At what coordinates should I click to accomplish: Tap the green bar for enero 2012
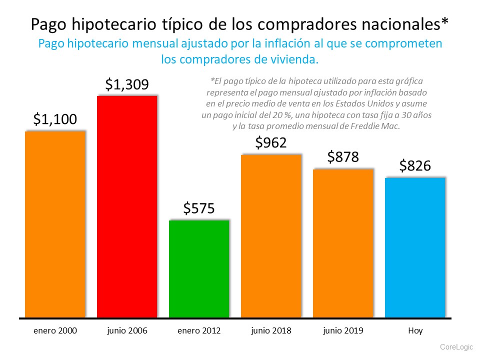pyautogui.click(x=199, y=268)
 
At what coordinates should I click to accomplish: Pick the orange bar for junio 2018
pyautogui.click(x=271, y=235)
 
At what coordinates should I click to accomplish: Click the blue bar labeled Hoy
pyautogui.click(x=415, y=247)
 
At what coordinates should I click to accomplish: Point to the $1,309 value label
pyautogui.click(x=127, y=84)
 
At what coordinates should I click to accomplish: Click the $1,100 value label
pyautogui.click(x=55, y=119)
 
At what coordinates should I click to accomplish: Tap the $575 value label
pyautogui.click(x=199, y=208)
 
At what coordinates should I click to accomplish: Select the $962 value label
pyautogui.click(x=271, y=143)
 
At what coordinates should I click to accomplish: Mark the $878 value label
pyautogui.click(x=343, y=157)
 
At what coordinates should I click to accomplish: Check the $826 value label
pyautogui.click(x=415, y=165)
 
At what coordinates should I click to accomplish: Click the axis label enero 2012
pyautogui.click(x=199, y=331)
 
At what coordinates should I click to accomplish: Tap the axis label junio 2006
pyautogui.click(x=127, y=331)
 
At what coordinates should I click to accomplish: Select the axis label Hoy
pyautogui.click(x=415, y=331)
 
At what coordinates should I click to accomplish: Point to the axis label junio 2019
pyautogui.click(x=343, y=331)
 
